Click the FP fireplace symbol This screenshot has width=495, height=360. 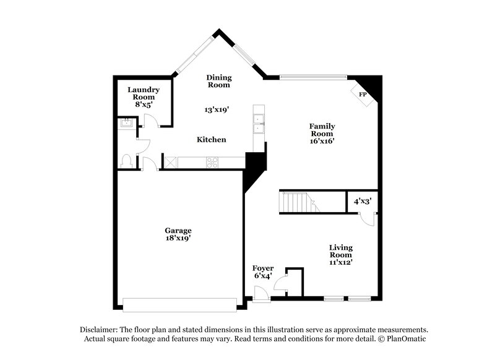[362, 95]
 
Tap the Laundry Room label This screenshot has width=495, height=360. [144, 93]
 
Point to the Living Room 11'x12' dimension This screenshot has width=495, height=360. [340, 262]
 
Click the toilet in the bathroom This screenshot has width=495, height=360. [127, 161]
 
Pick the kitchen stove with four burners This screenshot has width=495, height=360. [212, 163]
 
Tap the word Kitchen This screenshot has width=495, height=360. [211, 140]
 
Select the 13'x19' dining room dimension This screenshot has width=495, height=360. [217, 109]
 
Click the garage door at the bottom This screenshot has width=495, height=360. [179, 304]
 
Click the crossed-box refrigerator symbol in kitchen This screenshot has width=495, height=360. [170, 163]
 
